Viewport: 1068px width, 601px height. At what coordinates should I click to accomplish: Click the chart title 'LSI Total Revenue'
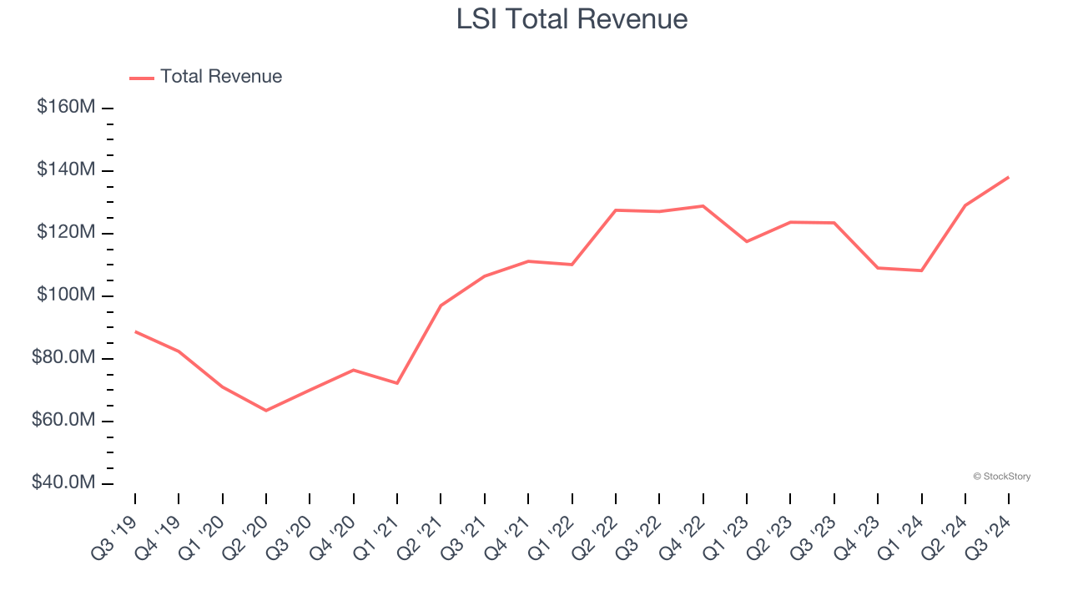point(572,19)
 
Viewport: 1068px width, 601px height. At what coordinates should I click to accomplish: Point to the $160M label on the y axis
point(66,108)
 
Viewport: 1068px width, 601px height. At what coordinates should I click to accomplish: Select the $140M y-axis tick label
point(66,170)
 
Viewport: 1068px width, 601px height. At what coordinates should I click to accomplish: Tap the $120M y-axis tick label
point(66,233)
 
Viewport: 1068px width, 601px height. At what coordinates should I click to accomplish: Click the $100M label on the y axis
point(66,295)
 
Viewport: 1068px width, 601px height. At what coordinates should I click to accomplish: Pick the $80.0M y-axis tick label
point(63,358)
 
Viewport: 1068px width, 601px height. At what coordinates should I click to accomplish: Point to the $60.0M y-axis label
point(63,421)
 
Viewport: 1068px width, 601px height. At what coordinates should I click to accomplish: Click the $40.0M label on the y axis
point(63,483)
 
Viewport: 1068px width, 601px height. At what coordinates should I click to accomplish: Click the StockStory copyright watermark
point(1001,477)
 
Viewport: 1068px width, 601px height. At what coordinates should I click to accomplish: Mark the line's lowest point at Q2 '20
point(266,411)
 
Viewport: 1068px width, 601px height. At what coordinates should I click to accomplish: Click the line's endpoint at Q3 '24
point(1008,177)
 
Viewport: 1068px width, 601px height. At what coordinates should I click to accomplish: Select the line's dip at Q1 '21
point(397,383)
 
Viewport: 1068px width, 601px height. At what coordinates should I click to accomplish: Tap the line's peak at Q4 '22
point(703,205)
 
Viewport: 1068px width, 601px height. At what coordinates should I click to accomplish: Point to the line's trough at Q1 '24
point(921,270)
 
